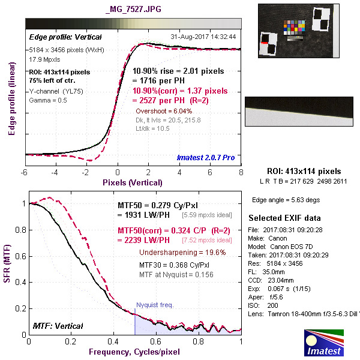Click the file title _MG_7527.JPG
132,10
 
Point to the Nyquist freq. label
155,305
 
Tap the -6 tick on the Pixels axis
25,173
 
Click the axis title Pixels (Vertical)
132,182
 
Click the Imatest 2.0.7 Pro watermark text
206,158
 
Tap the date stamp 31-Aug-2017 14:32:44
203,36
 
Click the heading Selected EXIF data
284,217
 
